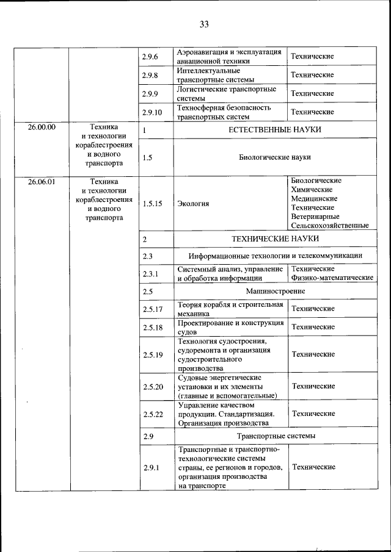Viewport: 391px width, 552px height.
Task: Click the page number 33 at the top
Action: coord(204,24)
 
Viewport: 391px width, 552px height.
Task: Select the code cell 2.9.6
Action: coord(150,57)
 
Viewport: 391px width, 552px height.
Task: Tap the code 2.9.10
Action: coord(152,112)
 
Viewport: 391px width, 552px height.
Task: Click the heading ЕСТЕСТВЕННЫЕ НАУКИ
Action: coord(274,130)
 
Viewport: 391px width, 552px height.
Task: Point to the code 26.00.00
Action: coord(42,127)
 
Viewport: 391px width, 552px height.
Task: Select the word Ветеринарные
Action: coord(315,217)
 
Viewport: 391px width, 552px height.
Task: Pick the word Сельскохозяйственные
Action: coord(330,226)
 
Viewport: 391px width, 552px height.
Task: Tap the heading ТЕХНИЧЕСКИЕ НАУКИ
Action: coord(274,238)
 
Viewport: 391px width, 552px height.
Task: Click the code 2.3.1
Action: coord(150,274)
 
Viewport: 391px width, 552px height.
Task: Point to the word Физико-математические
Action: coord(332,278)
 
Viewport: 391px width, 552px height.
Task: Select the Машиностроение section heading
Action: coord(274,292)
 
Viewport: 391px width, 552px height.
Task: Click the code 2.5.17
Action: coord(152,309)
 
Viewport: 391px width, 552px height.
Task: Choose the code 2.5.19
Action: coord(152,354)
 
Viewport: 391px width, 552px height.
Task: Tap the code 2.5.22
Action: coord(152,414)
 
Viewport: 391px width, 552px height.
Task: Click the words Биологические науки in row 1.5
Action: coord(274,157)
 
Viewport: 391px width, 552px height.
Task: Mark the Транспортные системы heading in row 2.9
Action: coord(276,437)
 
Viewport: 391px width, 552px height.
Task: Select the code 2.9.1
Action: coord(150,468)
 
